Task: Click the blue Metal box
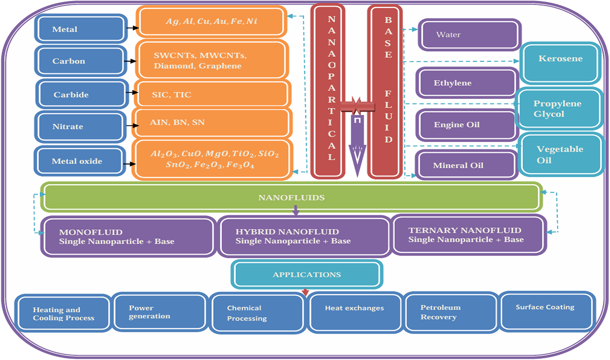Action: [x=81, y=29]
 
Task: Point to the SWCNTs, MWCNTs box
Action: [x=211, y=60]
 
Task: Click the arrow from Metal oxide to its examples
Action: [x=129, y=164]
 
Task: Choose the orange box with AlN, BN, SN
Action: [x=212, y=123]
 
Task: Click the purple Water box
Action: [x=469, y=35]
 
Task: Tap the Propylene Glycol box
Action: [x=559, y=109]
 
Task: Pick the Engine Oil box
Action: [x=466, y=125]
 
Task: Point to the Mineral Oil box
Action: [x=466, y=165]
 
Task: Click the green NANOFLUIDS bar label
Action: [x=291, y=198]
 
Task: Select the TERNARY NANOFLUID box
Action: [x=469, y=235]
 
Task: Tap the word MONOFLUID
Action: [x=91, y=232]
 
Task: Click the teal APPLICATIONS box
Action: [x=307, y=275]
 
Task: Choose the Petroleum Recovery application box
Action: [x=450, y=312]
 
